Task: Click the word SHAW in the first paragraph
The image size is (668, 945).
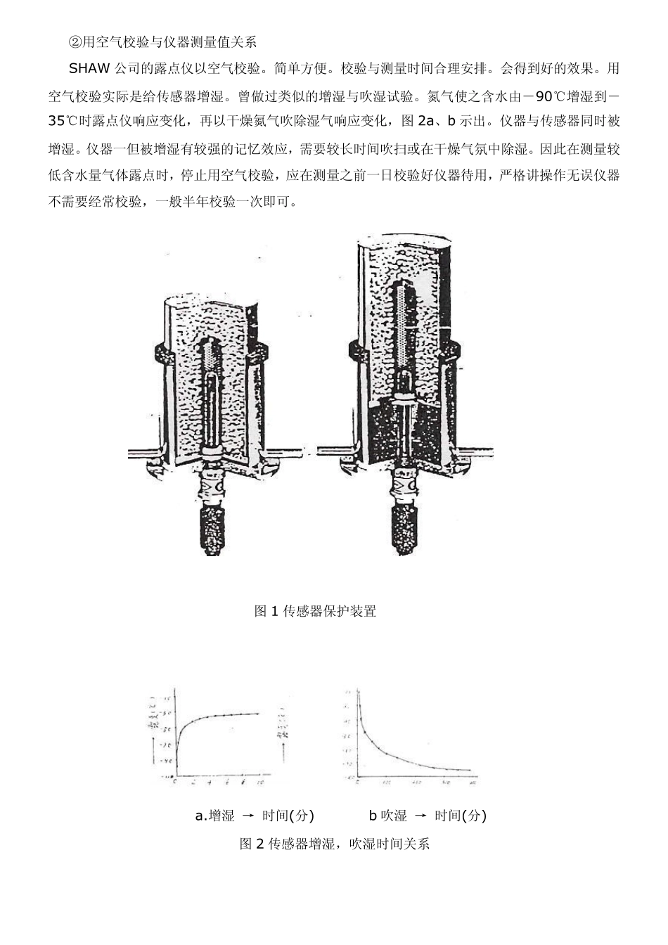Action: click(86, 68)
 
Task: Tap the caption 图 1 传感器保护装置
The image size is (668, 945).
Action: click(315, 611)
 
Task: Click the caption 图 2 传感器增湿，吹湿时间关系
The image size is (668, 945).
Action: click(334, 843)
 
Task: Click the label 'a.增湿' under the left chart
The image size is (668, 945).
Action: click(214, 816)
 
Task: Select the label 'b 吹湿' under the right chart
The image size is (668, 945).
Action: click(387, 816)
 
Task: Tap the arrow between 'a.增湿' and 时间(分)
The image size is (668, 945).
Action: click(248, 816)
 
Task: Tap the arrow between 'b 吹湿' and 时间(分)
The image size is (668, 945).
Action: click(420, 816)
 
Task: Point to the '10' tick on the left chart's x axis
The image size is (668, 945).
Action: click(259, 782)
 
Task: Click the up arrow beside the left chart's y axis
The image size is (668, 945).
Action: click(154, 703)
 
